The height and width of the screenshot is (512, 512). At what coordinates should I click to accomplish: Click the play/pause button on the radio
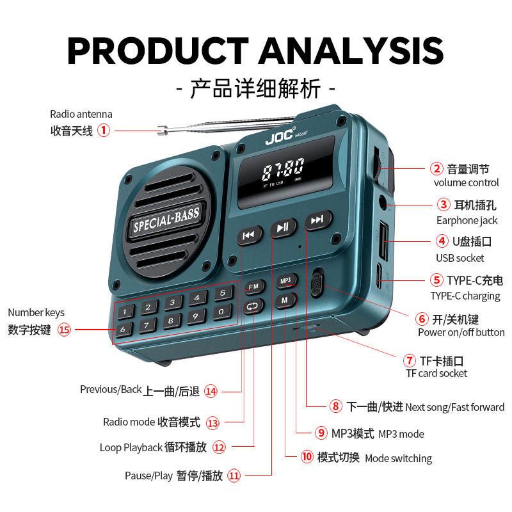[283, 227]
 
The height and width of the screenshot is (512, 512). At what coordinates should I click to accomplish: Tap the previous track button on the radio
[249, 236]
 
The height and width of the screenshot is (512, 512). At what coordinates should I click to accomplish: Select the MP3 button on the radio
[285, 280]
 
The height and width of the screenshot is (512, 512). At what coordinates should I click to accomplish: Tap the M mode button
[285, 299]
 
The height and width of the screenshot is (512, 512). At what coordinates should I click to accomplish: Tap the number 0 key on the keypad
[221, 312]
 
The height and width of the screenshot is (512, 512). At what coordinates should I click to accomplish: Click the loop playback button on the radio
[253, 307]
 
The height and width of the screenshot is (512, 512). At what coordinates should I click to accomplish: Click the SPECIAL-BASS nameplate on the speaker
[166, 220]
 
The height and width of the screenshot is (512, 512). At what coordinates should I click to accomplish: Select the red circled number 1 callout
[104, 131]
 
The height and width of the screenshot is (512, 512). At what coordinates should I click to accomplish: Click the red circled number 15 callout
[64, 330]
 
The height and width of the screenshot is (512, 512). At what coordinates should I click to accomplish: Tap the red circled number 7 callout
[409, 360]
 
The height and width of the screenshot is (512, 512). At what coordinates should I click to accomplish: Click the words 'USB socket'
[460, 258]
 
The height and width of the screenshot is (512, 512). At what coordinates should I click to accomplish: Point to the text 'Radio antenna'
[81, 115]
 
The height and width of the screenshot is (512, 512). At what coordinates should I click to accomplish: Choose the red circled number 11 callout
[234, 476]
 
